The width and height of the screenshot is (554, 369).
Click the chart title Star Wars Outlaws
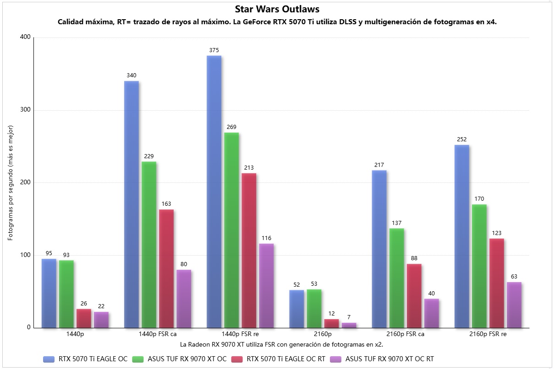(277, 9)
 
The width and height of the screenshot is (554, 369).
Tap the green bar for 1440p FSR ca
(149, 244)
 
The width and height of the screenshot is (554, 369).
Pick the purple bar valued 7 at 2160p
(349, 325)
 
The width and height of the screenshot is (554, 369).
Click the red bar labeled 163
(166, 268)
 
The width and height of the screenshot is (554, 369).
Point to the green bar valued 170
(479, 266)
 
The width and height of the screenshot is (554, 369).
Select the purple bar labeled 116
(266, 285)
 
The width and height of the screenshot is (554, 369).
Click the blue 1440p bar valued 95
(49, 293)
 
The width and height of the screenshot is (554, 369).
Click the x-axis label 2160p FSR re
(488, 334)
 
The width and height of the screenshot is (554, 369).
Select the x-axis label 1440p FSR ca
(158, 334)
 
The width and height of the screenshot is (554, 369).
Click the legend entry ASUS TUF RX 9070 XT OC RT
(389, 359)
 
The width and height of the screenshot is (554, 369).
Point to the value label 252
(461, 139)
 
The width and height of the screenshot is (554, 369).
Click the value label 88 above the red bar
(414, 258)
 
